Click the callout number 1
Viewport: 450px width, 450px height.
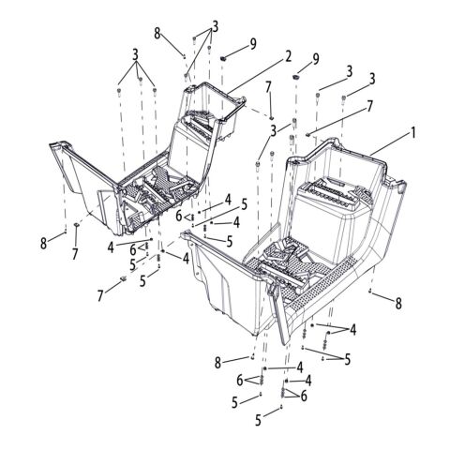point(413,133)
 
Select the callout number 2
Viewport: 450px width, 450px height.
point(288,56)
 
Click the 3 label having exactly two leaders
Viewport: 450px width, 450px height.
point(274,131)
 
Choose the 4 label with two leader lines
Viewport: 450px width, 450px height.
point(352,329)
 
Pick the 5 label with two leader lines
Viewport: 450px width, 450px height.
point(347,359)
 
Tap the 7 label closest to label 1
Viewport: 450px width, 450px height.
point(369,107)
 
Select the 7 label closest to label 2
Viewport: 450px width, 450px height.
point(268,88)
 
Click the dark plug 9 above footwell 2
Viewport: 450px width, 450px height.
point(223,58)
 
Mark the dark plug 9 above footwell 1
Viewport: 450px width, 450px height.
point(295,77)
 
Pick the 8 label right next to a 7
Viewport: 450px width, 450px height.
point(43,243)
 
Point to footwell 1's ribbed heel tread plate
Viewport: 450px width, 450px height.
point(331,191)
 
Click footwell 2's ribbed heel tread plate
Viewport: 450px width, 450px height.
point(202,126)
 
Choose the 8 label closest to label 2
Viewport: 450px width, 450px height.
point(157,33)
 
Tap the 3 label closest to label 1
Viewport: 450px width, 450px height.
point(372,80)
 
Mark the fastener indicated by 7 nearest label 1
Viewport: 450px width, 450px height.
point(307,134)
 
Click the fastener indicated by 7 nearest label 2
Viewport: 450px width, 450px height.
point(271,117)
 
